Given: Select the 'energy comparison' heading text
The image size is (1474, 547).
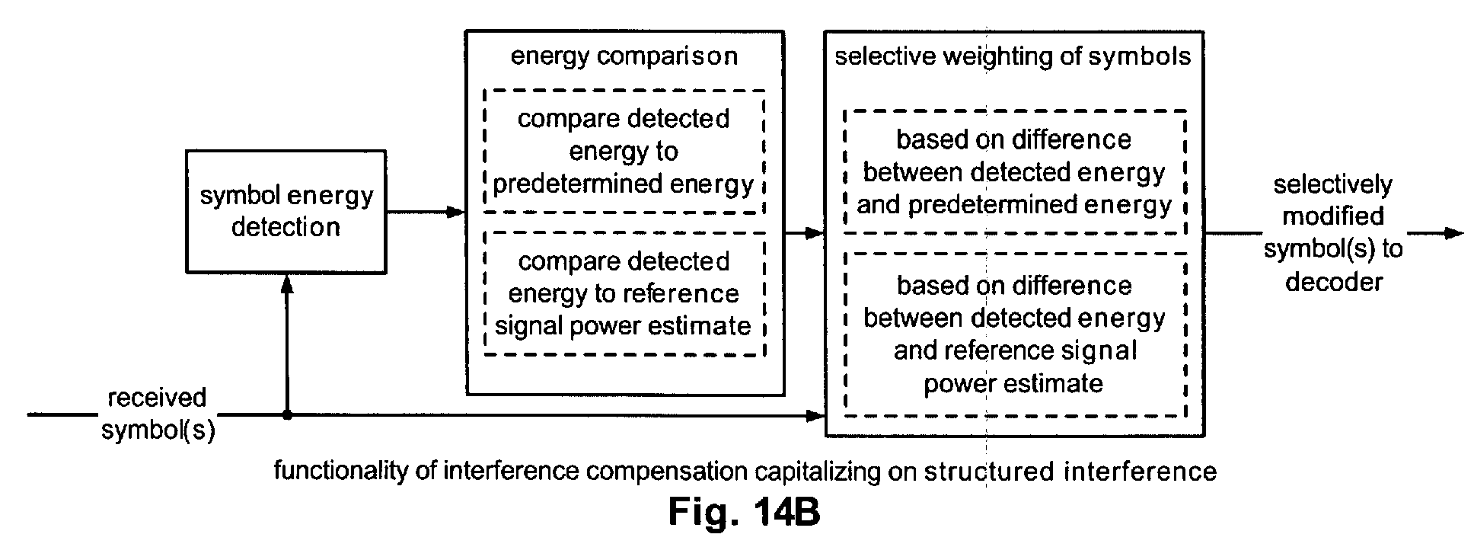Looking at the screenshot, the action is tap(624, 56).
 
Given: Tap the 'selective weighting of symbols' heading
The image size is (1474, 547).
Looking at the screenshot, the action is tap(1013, 57).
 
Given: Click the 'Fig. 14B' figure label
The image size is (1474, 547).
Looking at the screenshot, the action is tap(744, 513).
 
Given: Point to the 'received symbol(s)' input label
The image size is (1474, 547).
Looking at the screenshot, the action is tap(158, 414).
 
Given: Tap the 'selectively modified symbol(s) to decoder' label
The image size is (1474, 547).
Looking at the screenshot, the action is tap(1333, 233).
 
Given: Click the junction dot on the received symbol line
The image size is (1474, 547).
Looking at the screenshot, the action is tap(287, 415).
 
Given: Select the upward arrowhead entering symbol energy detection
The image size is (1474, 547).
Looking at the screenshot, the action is tap(287, 283).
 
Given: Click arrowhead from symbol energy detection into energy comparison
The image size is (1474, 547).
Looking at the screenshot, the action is tap(456, 212).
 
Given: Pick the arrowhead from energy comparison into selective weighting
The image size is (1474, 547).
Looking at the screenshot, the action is tap(816, 233).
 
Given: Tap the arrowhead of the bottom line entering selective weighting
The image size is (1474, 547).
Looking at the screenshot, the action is tap(816, 415).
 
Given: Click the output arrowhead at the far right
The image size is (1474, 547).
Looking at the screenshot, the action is tap(1454, 233).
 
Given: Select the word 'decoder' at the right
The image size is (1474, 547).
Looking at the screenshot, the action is tap(1334, 282).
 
